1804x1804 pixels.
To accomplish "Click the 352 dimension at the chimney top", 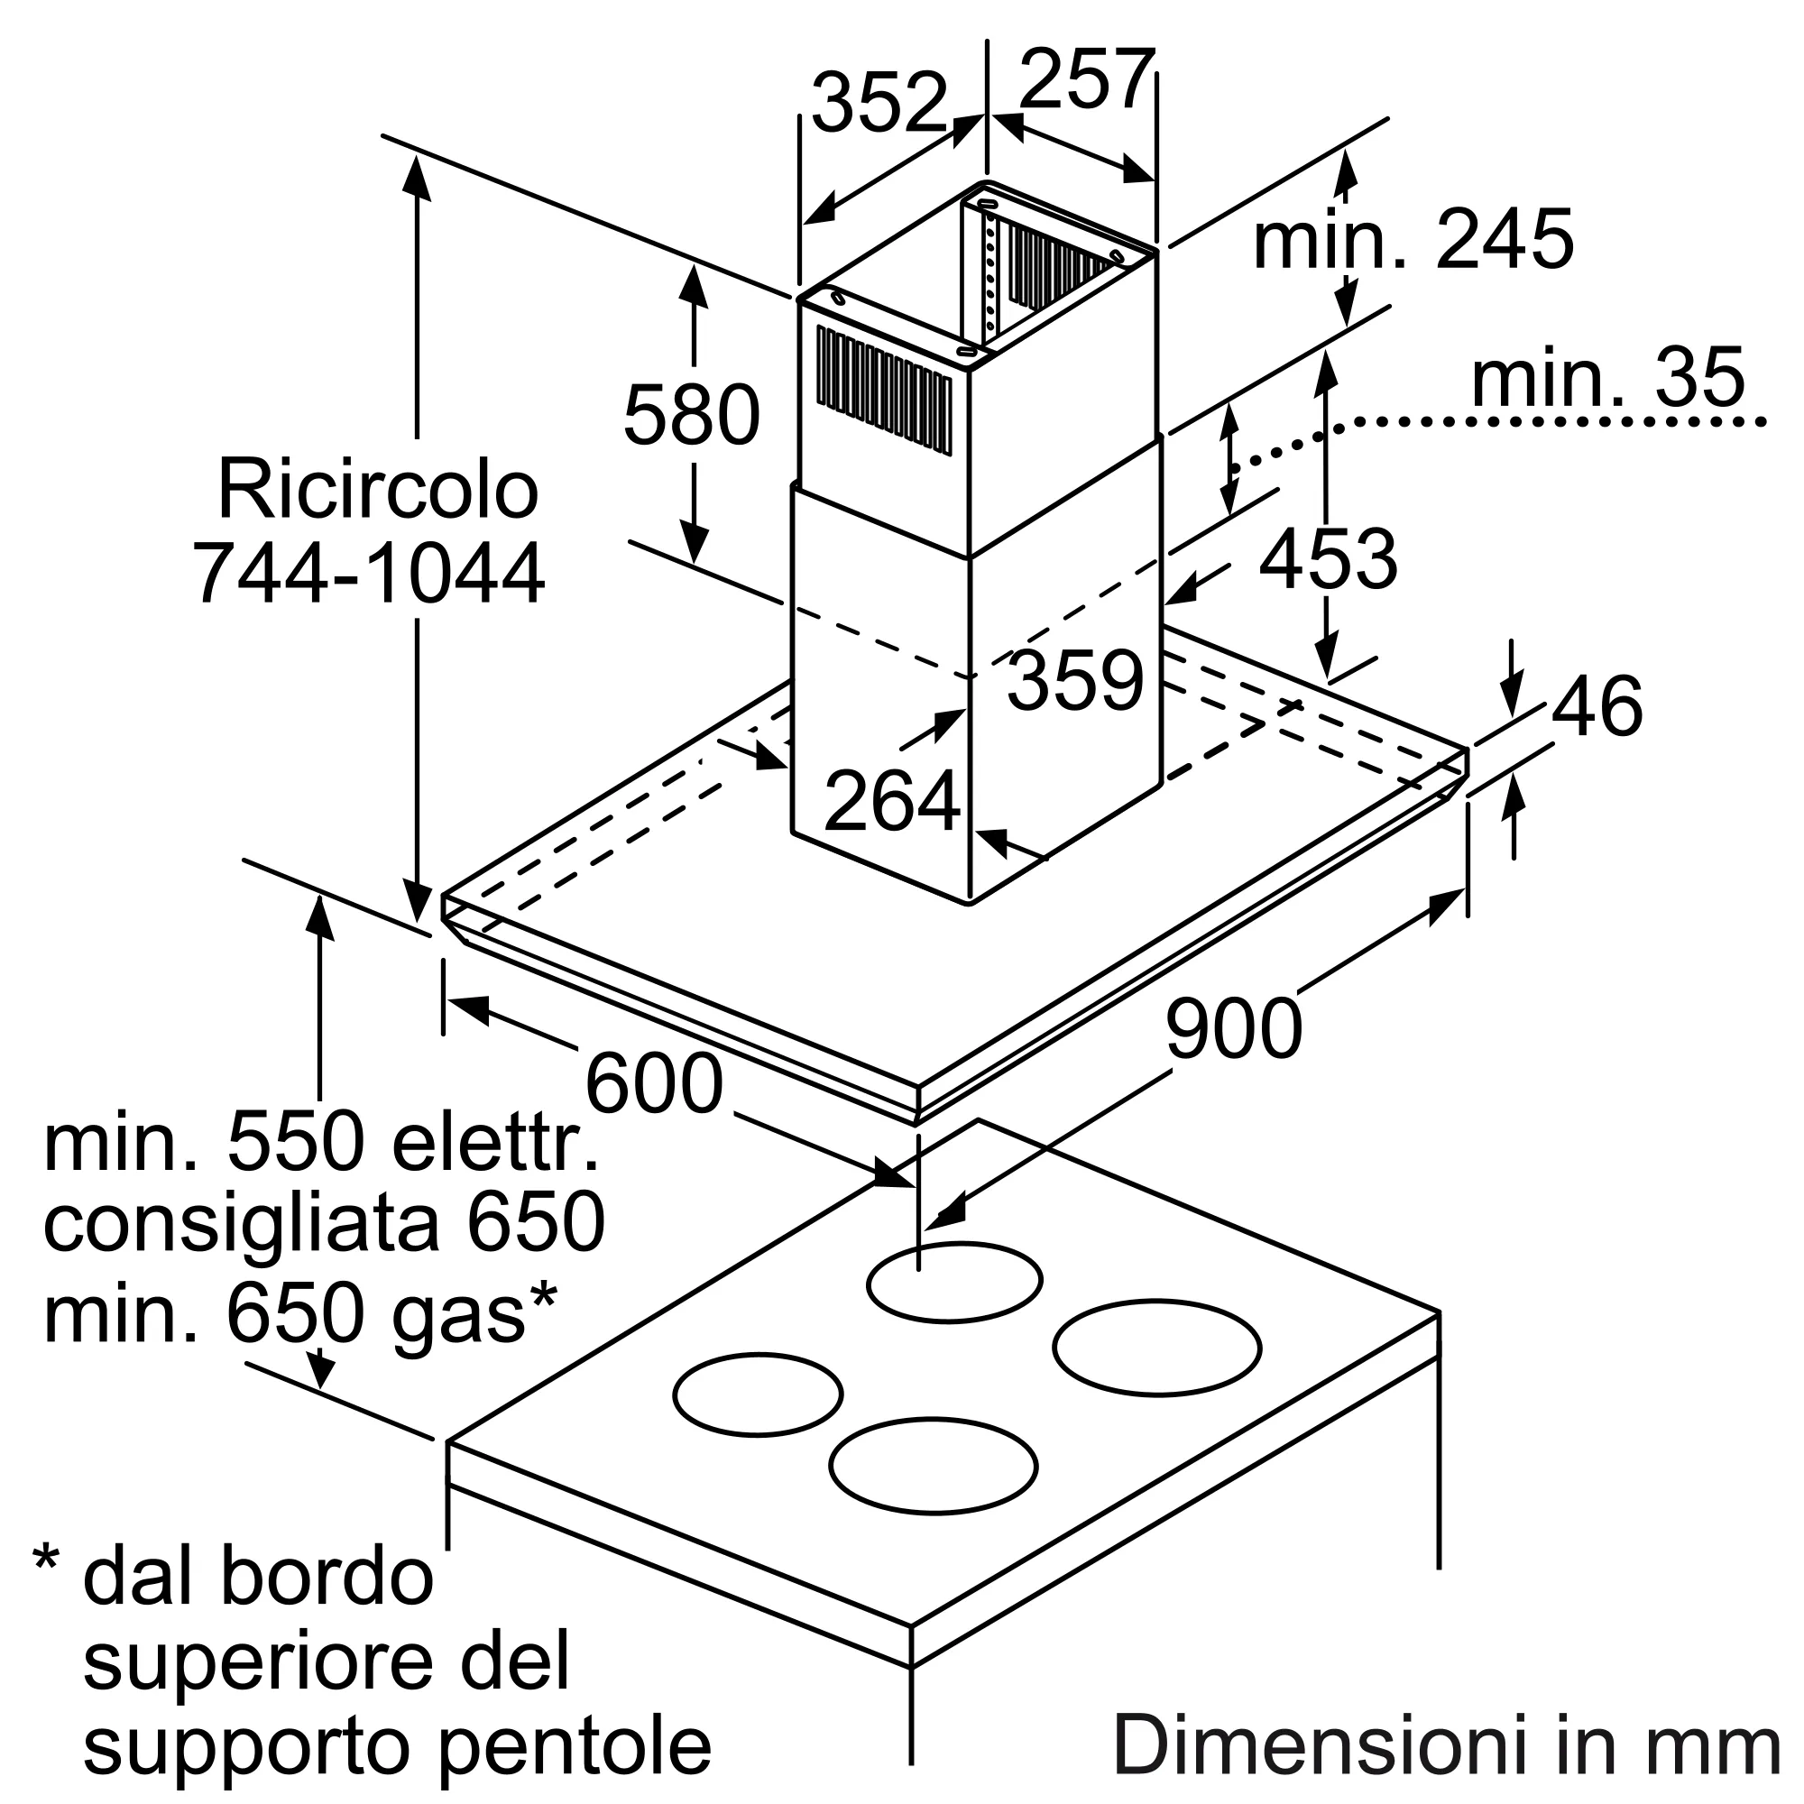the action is pyautogui.click(x=879, y=103).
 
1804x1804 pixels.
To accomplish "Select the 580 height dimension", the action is pyautogui.click(x=692, y=416).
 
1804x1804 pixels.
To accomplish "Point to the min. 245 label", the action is pyautogui.click(x=1413, y=239).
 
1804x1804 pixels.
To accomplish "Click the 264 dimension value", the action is pyautogui.click(x=893, y=800).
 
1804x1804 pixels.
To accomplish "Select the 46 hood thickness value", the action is pyautogui.click(x=1597, y=706).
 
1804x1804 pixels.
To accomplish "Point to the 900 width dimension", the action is pyautogui.click(x=1233, y=1028).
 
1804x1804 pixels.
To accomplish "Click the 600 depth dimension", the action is pyautogui.click(x=654, y=1083).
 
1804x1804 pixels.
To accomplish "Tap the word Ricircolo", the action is pyautogui.click(x=378, y=488).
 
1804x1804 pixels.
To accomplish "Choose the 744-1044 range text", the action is pyautogui.click(x=369, y=573).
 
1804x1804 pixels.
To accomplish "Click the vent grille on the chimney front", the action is pyautogui.click(x=883, y=392).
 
